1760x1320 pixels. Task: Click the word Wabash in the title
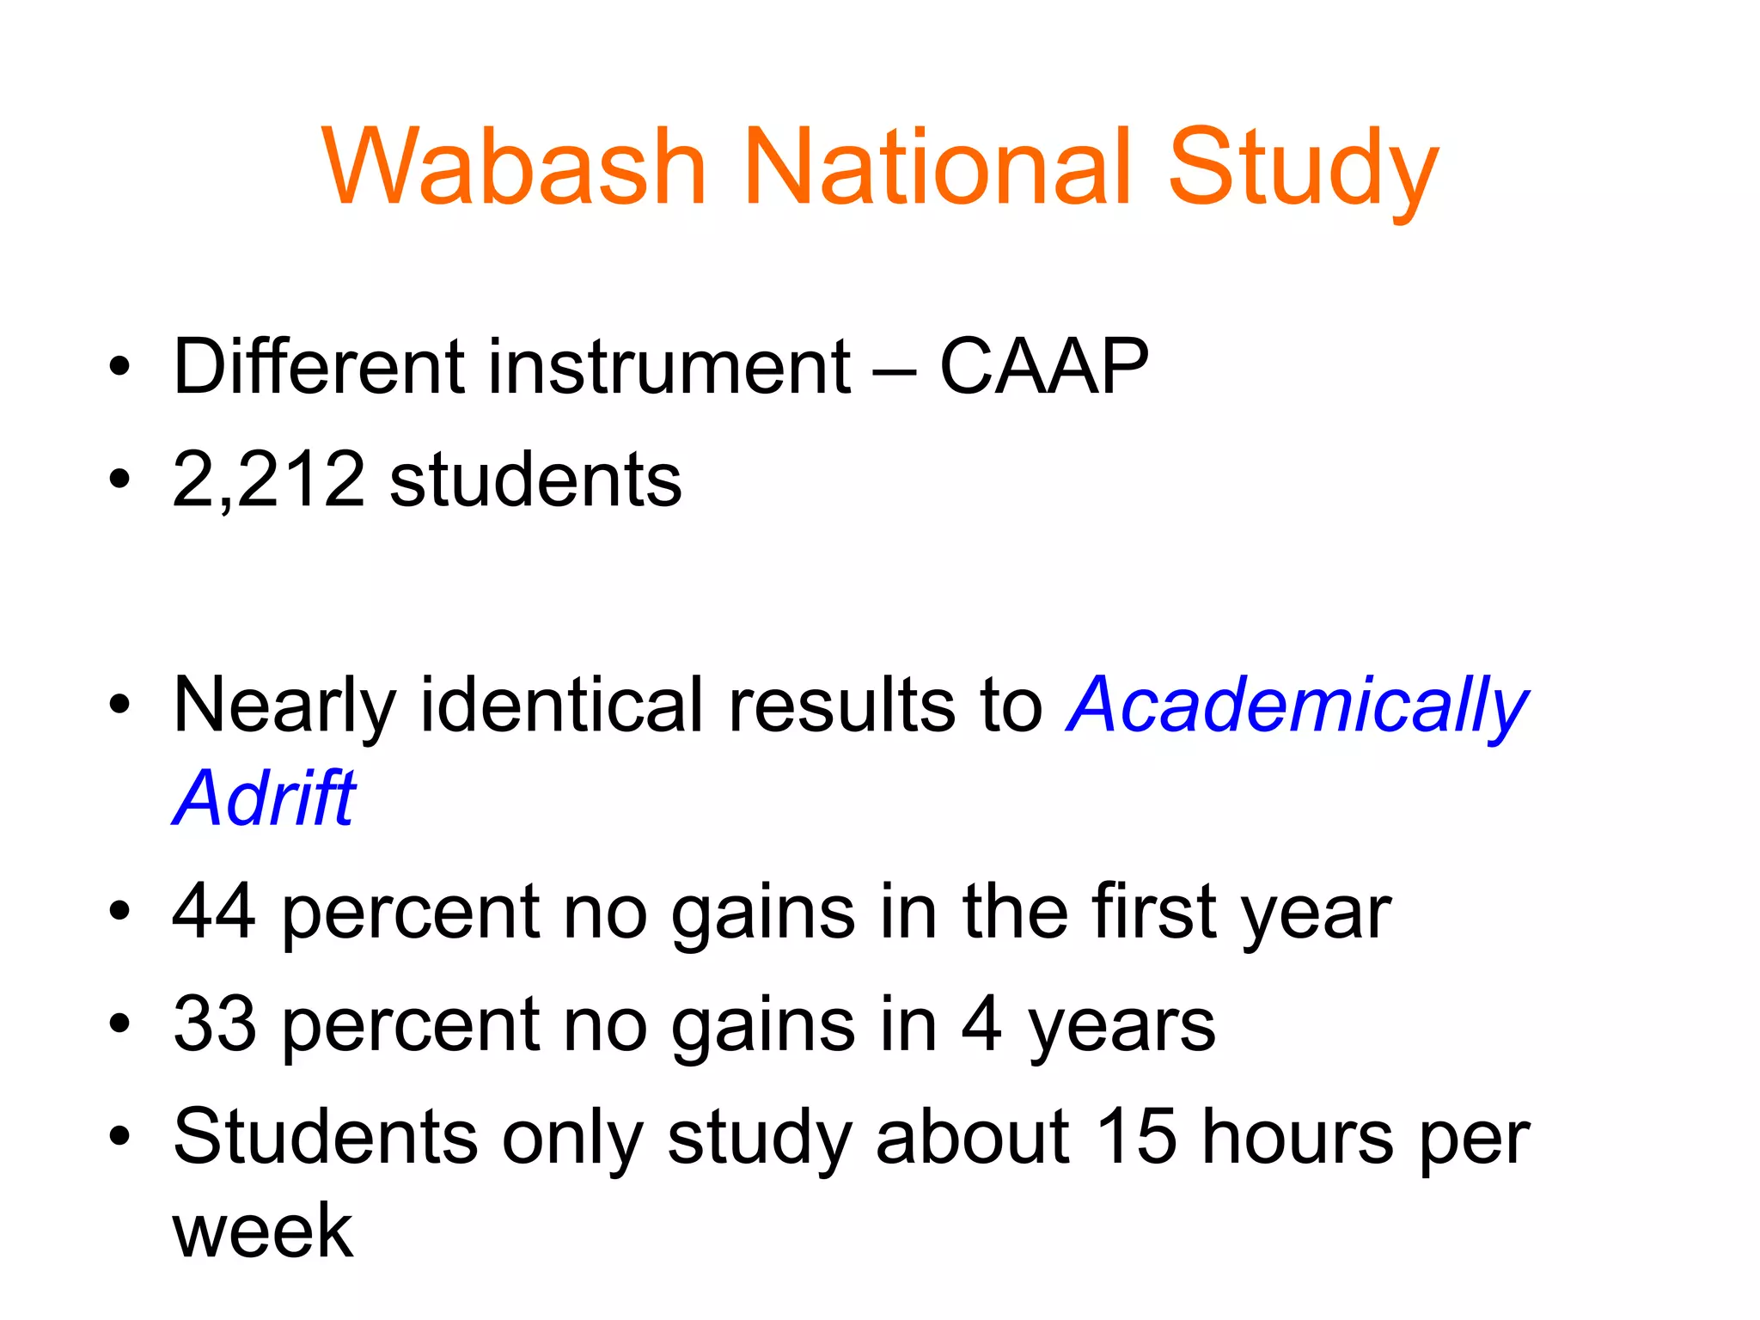[514, 167]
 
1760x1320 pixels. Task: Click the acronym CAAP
[1043, 367]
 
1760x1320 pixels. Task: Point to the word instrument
[669, 367]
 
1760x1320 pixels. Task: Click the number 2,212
[268, 480]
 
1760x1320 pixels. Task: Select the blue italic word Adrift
[264, 798]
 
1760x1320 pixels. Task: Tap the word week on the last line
[262, 1231]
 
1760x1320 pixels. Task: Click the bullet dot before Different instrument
[119, 368]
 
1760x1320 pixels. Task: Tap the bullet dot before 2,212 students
[119, 480]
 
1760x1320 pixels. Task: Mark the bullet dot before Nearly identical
[119, 706]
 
